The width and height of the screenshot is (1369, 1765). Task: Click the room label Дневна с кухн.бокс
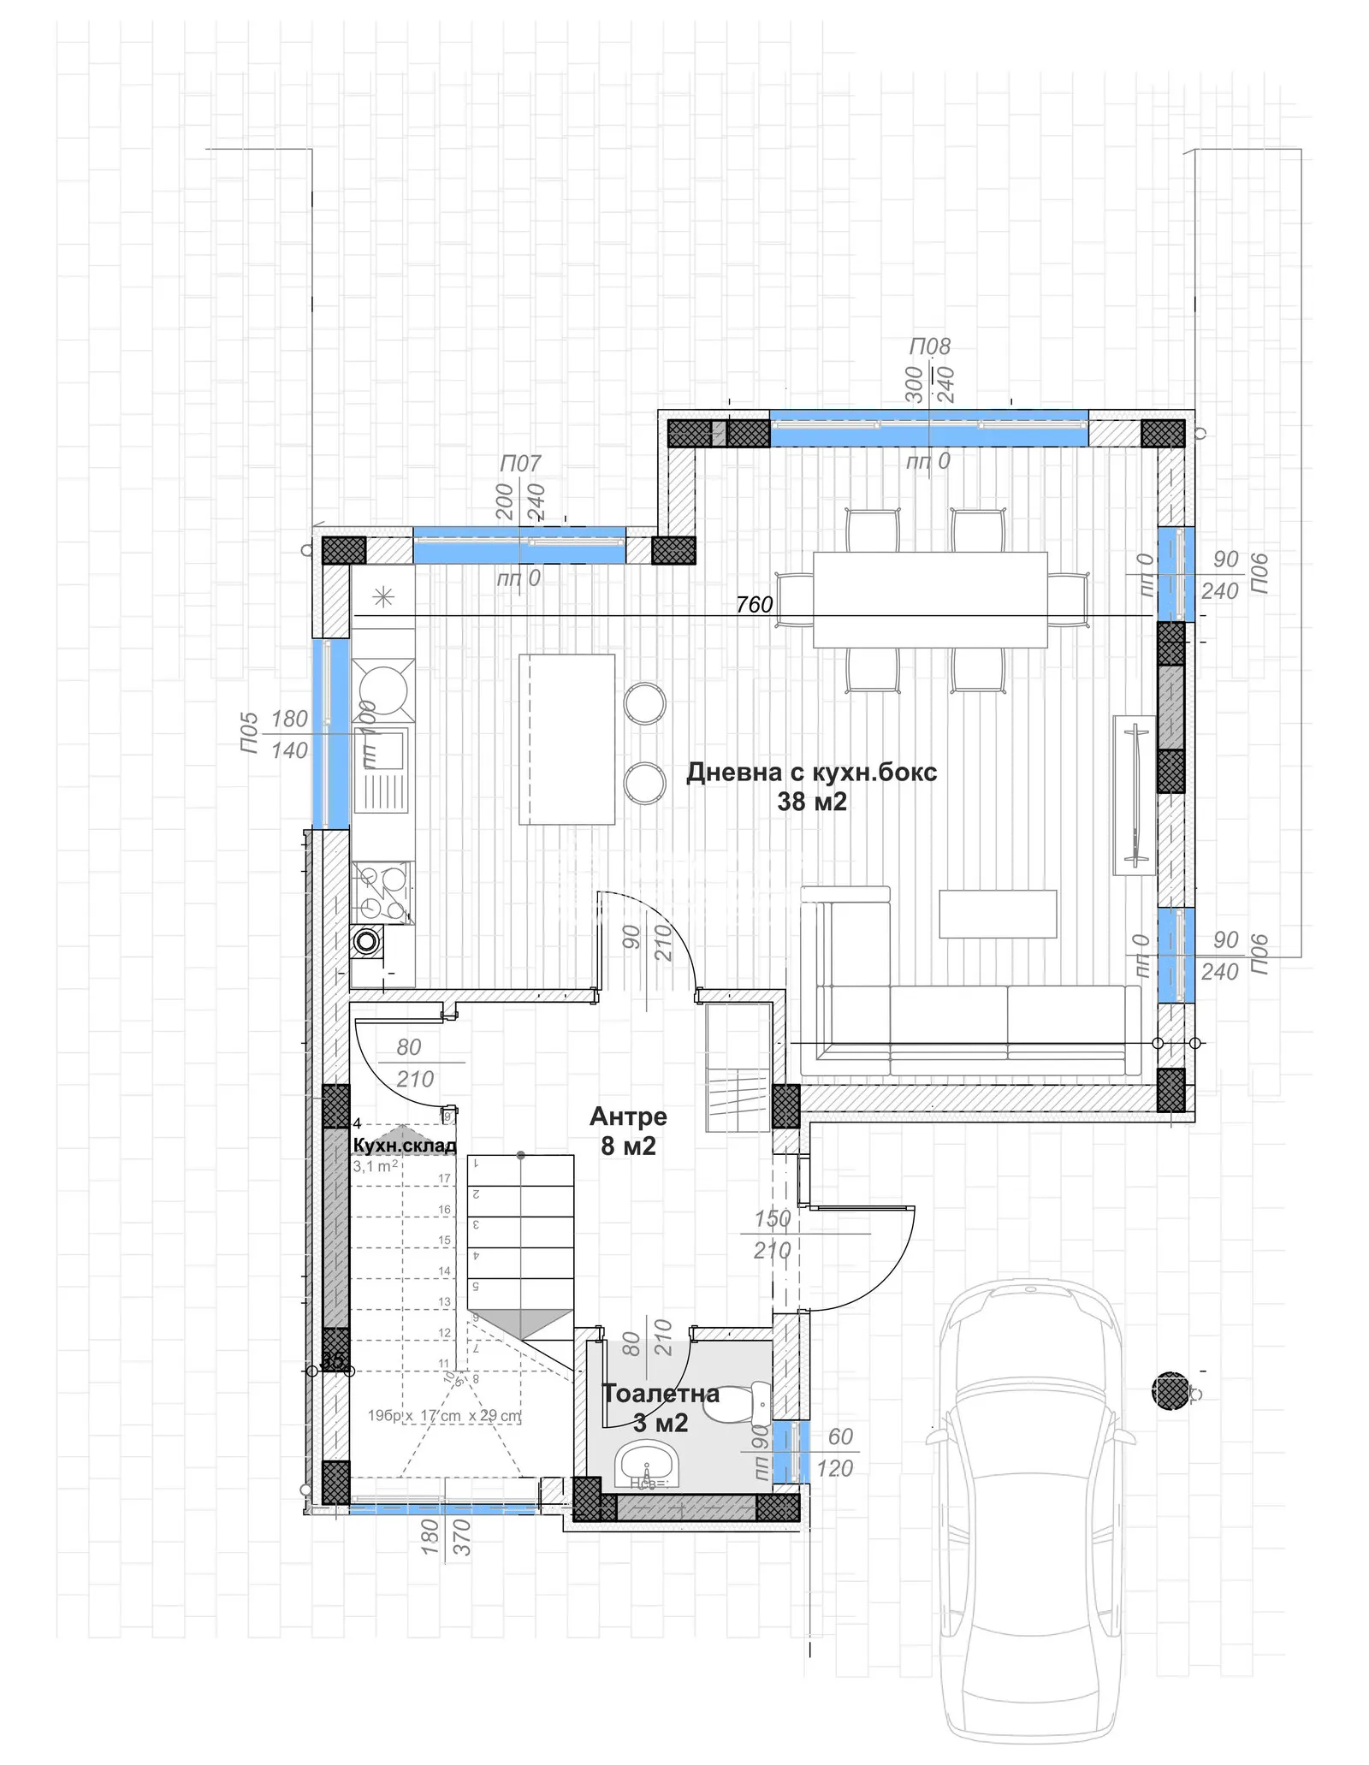click(811, 773)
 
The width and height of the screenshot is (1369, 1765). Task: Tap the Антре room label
click(628, 1116)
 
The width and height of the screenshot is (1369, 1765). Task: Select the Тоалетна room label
click(661, 1393)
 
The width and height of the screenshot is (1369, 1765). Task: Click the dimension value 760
click(754, 605)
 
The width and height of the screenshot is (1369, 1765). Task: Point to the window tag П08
click(929, 346)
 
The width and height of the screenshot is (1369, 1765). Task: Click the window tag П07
click(520, 464)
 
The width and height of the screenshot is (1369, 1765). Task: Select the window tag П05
click(249, 733)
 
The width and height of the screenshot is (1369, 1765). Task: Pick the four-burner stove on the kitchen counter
click(382, 891)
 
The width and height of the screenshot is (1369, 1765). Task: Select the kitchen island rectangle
click(566, 739)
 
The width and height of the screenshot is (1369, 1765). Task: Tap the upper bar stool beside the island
click(644, 703)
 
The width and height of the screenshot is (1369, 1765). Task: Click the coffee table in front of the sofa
click(997, 914)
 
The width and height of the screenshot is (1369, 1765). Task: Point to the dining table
click(929, 599)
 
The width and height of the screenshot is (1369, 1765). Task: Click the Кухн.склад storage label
click(404, 1146)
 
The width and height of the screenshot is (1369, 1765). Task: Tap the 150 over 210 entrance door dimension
click(772, 1235)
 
